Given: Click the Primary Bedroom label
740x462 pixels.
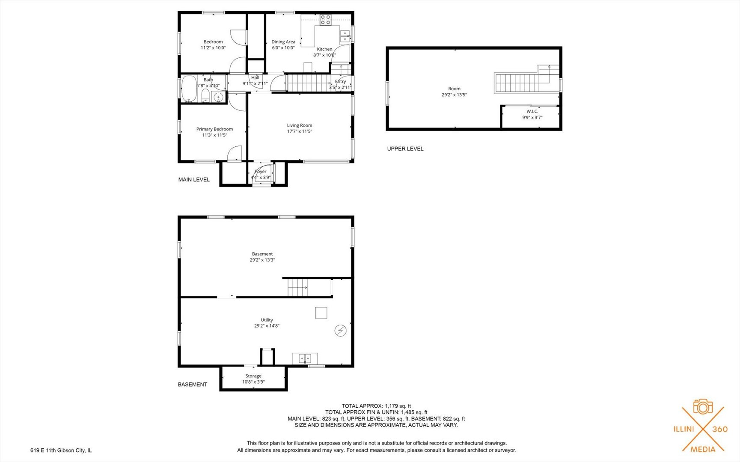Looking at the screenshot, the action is pos(214,129).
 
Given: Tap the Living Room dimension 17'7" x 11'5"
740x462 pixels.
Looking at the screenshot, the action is pos(300,131).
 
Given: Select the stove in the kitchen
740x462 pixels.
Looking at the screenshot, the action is pos(325,20).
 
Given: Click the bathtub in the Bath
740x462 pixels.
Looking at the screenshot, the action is pos(189,89).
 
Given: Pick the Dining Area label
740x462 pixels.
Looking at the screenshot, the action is pos(283,42).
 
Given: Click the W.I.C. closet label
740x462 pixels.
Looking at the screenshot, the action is pos(532,112).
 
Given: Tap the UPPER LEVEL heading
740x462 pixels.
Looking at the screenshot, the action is pos(405,149).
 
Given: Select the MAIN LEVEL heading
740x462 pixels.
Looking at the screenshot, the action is pos(194,180).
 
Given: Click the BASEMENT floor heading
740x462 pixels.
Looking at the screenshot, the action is pos(193,385).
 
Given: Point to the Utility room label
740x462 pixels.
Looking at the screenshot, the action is pos(267,320).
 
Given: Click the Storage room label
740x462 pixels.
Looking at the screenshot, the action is pos(253,376).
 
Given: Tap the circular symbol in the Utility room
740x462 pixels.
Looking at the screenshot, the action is pos(340,331).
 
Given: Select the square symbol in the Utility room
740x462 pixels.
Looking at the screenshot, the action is pos(321,313).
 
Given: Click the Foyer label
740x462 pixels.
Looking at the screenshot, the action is pos(261,172).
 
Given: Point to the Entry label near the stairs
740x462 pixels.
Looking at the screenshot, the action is pos(341,81).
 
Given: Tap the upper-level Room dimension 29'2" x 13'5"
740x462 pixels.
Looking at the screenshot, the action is pos(454,95).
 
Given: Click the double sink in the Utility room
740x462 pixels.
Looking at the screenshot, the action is pos(305,358).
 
